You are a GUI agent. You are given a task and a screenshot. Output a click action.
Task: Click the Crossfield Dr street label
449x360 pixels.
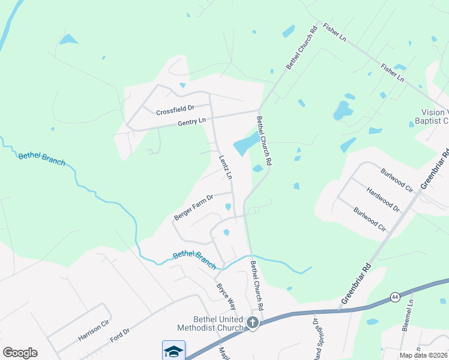pos(175,110)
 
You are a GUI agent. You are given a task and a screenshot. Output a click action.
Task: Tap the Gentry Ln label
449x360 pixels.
pos(191,122)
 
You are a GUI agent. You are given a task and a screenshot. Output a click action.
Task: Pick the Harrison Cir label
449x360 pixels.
pos(93,330)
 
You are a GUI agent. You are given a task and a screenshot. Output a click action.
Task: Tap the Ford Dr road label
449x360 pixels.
pos(119,335)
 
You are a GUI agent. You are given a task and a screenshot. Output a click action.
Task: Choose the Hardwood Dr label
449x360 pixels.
pos(383,199)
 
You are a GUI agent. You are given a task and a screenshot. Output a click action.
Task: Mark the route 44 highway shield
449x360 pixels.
pos(394,296)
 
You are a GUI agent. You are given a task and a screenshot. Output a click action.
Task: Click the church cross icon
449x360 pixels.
pos(253,323)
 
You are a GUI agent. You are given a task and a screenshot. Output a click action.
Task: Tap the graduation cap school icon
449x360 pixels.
pos(173,351)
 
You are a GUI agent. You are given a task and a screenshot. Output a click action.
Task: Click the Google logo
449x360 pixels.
pos(20,353)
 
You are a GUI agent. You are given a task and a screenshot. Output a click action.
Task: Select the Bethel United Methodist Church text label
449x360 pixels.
pos(209,323)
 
